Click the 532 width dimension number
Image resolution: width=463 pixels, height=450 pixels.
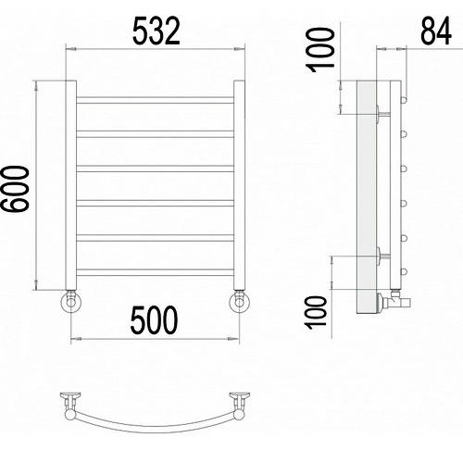156,31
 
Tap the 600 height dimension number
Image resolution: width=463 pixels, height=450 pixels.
15,189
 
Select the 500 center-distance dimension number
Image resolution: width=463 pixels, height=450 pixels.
154,319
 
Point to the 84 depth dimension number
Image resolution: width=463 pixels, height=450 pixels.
436,31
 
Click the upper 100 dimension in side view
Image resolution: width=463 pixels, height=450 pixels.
320,50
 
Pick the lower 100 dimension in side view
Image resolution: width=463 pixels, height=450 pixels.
316,312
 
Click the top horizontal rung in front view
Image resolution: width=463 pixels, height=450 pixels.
155,100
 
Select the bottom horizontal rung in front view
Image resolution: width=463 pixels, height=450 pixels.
155,272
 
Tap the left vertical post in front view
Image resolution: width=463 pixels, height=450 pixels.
71,185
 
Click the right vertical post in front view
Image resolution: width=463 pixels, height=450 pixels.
239,185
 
